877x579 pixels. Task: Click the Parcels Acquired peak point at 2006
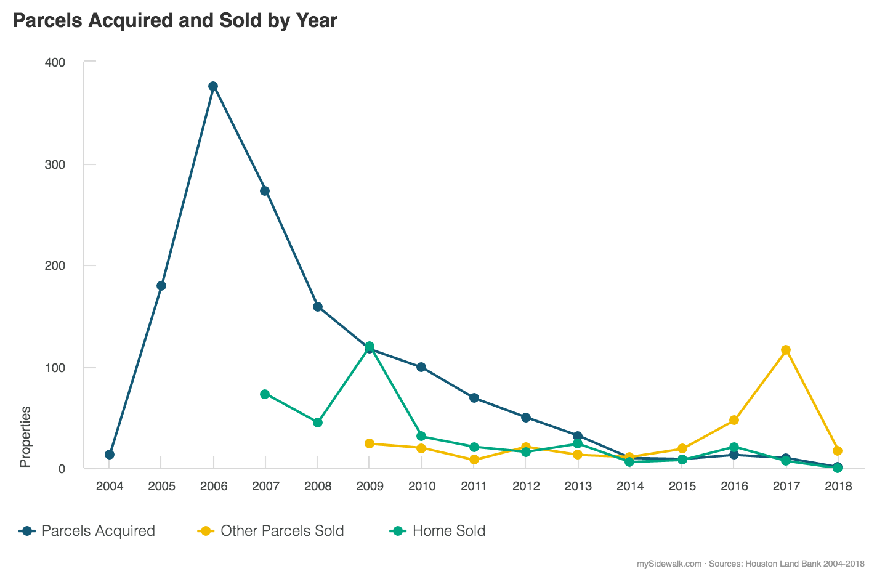point(213,86)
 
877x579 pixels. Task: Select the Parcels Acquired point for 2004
point(109,455)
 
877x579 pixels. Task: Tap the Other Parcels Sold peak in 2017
point(785,350)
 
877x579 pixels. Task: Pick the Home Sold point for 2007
point(265,394)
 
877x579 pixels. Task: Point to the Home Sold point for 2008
point(318,423)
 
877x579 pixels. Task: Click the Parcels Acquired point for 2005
point(161,286)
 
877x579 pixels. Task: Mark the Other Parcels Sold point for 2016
point(734,420)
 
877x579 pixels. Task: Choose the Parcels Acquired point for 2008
point(318,307)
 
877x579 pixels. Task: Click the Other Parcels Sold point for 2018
point(838,451)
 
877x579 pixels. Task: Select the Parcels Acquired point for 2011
point(474,398)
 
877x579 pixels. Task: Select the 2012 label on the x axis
point(526,487)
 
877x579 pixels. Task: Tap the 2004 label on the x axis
point(109,487)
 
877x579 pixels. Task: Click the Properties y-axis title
point(25,437)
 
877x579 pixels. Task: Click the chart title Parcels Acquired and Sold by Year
point(176,20)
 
